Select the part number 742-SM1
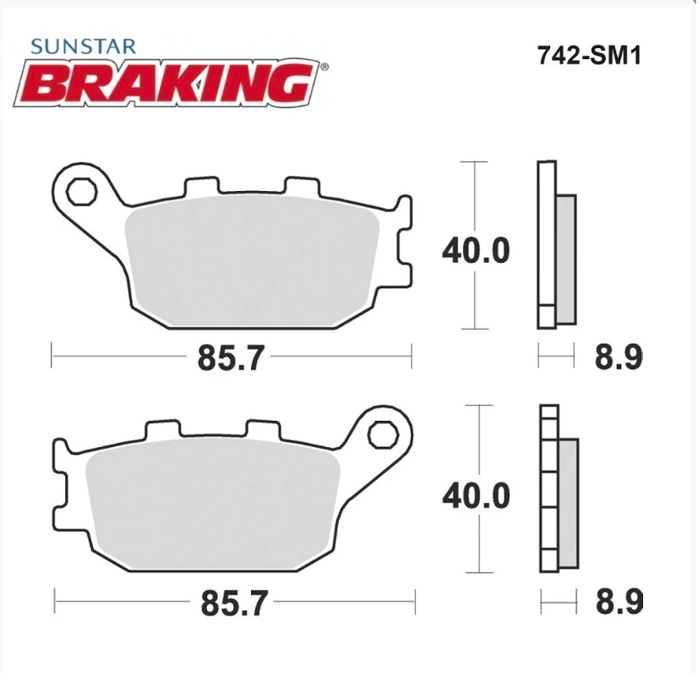[x=590, y=56]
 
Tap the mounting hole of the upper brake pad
[x=81, y=192]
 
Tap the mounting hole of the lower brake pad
[x=382, y=436]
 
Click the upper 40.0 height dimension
[x=477, y=251]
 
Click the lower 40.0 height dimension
[x=477, y=495]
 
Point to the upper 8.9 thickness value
[x=619, y=358]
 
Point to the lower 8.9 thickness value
[x=619, y=603]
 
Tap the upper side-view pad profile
[x=548, y=245]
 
